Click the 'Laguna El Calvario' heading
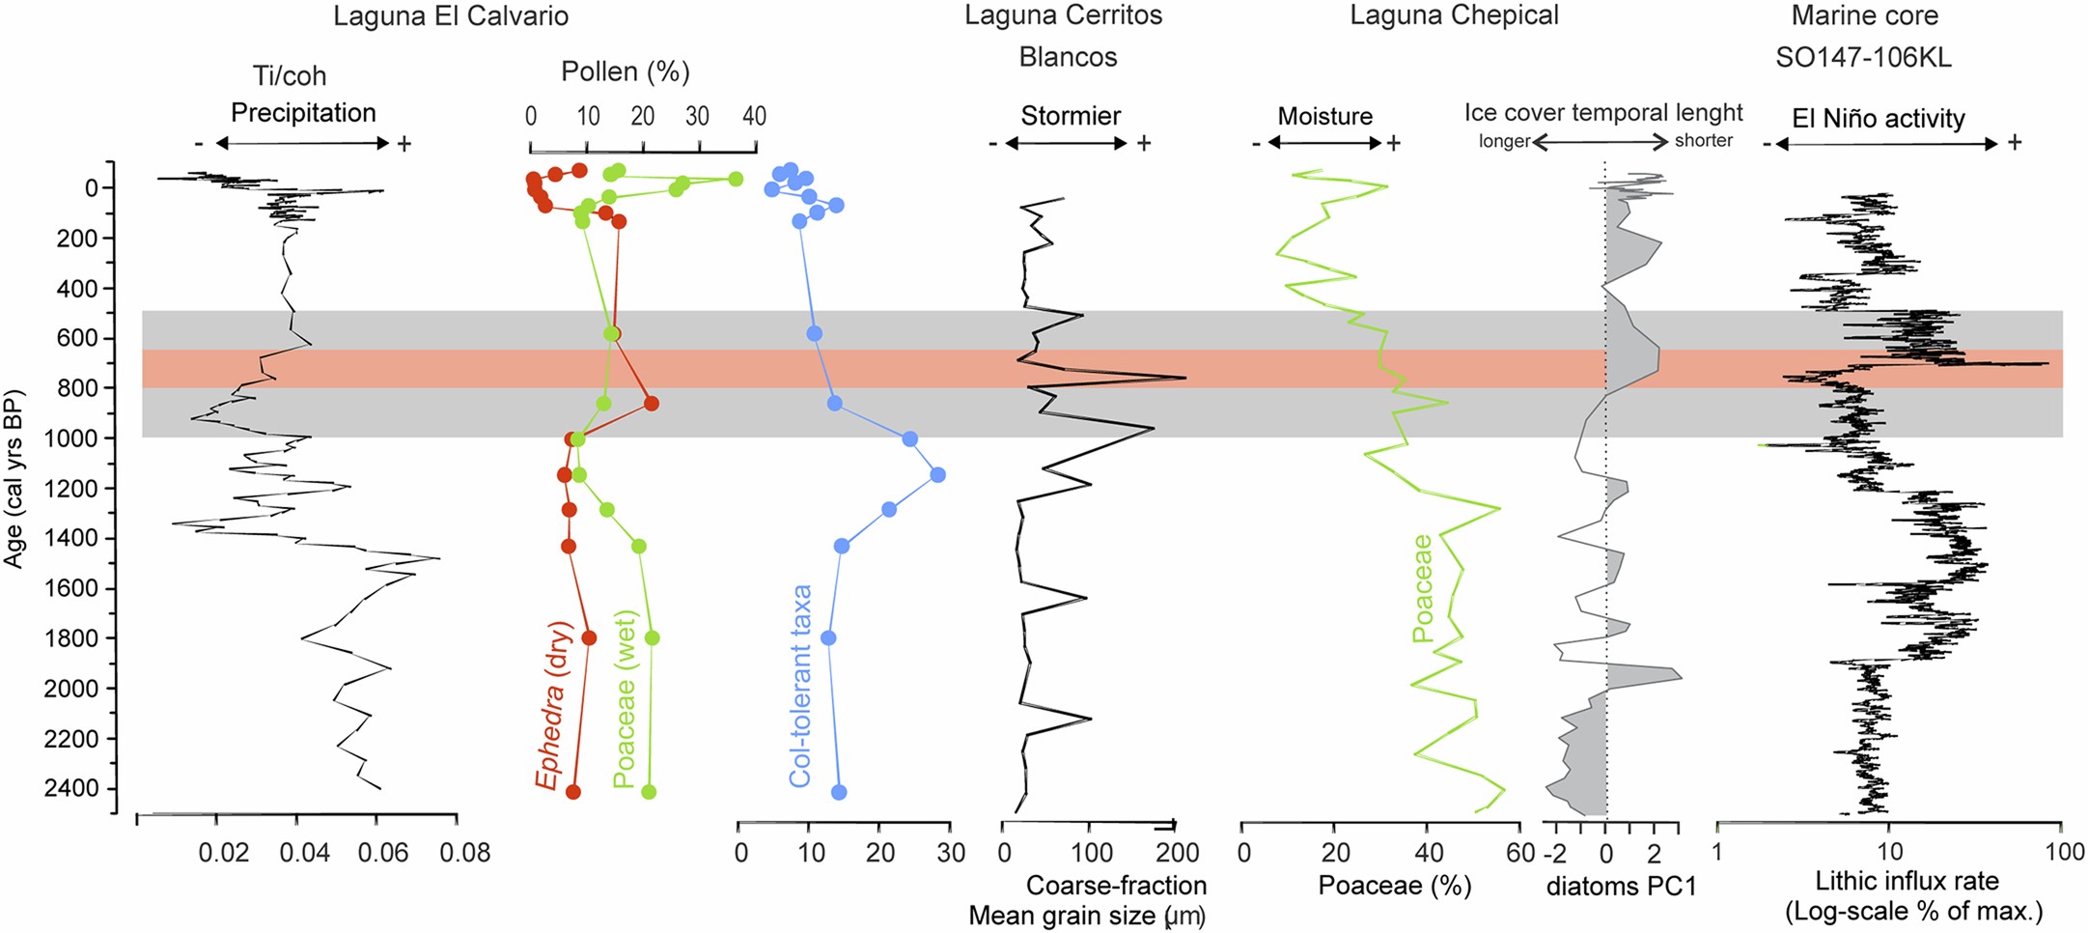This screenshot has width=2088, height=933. point(450,16)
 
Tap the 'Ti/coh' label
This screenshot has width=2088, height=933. point(290,75)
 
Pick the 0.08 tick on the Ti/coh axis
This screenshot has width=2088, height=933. point(465,853)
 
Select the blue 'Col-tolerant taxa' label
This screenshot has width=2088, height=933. point(800,686)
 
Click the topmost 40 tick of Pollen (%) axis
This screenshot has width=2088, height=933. point(754,117)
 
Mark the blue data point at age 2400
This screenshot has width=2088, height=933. point(839,792)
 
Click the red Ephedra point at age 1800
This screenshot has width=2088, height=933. point(589,637)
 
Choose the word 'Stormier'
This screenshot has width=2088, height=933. point(1071,117)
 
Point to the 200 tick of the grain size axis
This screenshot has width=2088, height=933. point(1178,853)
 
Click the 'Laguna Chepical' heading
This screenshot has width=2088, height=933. point(1454,16)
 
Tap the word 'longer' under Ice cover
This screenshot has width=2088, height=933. point(1504,141)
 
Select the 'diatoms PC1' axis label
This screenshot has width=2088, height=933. point(1621,886)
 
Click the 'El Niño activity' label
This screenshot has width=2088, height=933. point(1878,119)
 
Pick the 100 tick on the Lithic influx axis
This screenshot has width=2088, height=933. point(2064,853)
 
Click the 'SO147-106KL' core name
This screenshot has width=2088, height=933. point(1863,58)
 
